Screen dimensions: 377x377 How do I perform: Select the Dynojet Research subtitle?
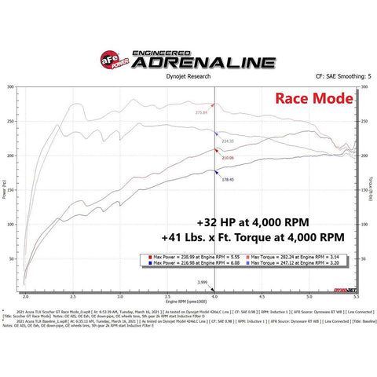188,77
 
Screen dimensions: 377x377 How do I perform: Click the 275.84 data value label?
201,112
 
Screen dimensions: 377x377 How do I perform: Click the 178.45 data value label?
227,179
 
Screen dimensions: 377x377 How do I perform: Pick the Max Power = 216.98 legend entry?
192,265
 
